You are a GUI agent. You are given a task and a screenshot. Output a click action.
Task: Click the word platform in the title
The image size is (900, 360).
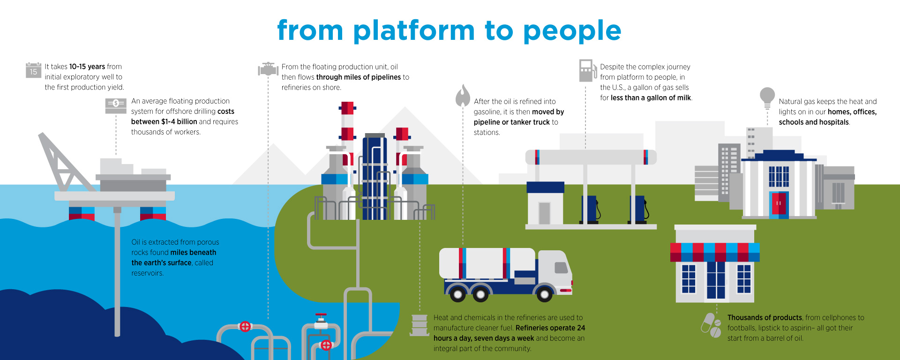(414, 31)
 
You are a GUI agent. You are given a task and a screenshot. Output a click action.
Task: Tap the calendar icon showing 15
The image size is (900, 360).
(33, 70)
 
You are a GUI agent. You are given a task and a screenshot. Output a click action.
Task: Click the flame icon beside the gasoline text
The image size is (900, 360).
(463, 96)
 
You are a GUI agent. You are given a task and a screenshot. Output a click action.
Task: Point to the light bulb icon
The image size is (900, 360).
(767, 97)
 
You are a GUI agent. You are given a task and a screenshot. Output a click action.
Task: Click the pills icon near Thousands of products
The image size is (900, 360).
(711, 325)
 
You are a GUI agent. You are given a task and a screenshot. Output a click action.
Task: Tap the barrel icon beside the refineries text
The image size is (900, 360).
(419, 325)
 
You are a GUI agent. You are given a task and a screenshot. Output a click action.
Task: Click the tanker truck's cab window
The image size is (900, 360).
(561, 268)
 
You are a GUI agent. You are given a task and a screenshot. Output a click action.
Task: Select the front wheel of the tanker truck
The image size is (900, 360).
(544, 294)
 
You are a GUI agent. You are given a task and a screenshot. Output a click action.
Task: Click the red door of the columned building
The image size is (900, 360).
(779, 203)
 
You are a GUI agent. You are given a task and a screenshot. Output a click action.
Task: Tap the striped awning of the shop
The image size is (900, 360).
(715, 252)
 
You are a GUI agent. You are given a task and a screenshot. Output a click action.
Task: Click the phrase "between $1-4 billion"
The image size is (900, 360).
(164, 122)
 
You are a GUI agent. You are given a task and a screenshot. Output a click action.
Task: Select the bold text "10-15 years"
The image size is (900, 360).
(87, 67)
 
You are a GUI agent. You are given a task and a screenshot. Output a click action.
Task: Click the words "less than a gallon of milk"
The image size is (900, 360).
(651, 98)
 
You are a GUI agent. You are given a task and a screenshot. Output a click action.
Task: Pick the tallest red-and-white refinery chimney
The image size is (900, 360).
(347, 122)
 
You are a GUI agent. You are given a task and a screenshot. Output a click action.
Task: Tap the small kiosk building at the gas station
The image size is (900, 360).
(545, 204)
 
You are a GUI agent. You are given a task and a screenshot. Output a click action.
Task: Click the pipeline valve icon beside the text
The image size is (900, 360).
(268, 69)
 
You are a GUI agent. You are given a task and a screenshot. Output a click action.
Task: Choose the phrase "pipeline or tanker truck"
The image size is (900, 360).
(511, 122)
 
